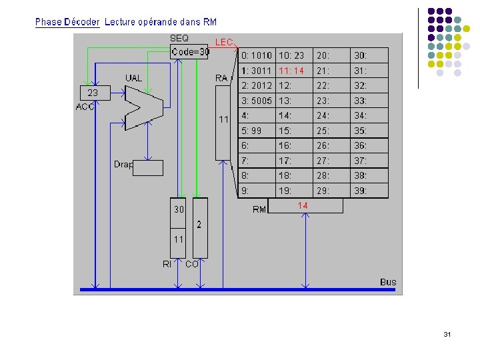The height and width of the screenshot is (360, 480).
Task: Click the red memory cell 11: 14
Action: (291, 71)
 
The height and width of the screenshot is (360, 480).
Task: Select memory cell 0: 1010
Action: (257, 56)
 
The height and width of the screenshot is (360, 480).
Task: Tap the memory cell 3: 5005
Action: (257, 101)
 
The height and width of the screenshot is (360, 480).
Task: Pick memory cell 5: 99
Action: (252, 131)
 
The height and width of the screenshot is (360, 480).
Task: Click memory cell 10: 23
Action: (291, 56)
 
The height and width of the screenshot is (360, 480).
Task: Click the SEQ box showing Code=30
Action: (190, 51)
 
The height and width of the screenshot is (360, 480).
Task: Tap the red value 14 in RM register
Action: (303, 206)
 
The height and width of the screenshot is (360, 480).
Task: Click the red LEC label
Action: (224, 42)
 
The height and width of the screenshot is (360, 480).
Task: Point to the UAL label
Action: (134, 78)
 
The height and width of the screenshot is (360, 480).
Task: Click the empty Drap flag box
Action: (147, 168)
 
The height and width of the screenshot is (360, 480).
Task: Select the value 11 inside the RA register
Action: (225, 120)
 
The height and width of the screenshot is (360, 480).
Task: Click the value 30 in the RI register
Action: (179, 209)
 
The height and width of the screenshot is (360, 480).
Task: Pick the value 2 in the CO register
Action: (199, 225)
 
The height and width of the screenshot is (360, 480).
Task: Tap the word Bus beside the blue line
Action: (388, 282)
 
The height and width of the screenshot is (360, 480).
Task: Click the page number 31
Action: (447, 334)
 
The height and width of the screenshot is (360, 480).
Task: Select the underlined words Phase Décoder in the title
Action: (67, 22)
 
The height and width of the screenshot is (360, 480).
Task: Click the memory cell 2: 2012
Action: (257, 85)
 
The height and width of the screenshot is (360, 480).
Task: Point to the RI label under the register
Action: (167, 265)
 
